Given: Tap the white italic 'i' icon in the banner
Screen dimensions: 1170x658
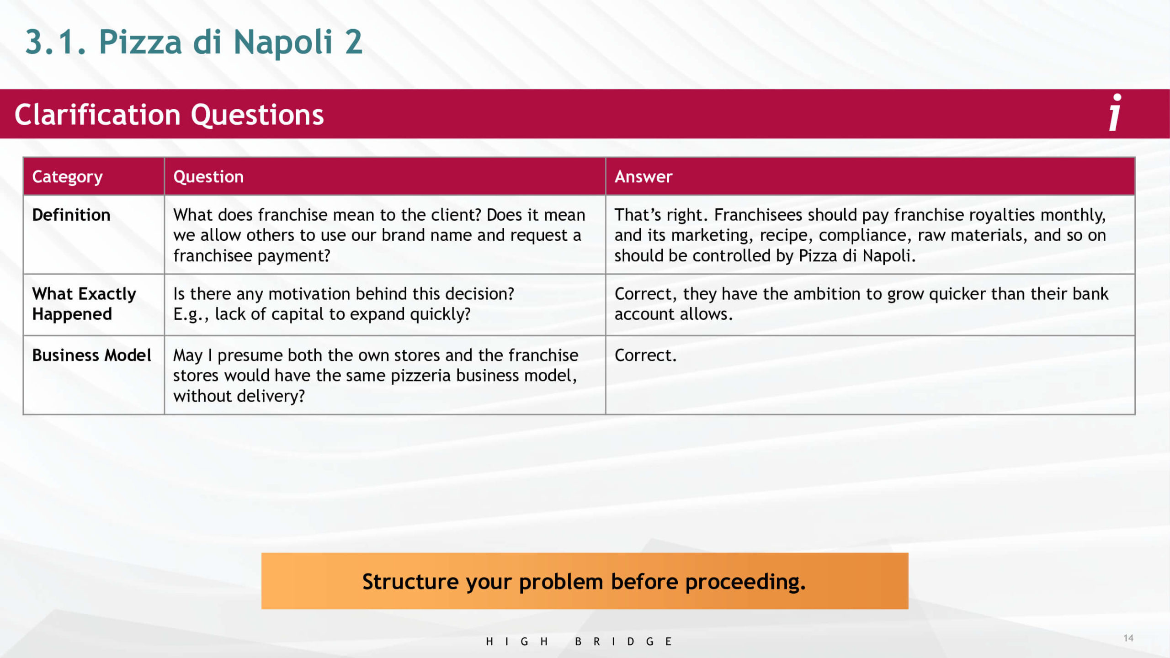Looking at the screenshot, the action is [x=1115, y=112].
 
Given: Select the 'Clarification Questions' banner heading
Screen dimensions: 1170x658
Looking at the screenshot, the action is [x=169, y=115].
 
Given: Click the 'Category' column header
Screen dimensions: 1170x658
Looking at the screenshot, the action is [x=67, y=177].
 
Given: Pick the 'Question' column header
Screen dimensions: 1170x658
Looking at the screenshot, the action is [x=208, y=177].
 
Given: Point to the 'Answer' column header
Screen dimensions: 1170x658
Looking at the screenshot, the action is [x=643, y=177].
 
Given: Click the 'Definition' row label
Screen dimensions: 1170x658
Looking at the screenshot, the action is [x=71, y=215].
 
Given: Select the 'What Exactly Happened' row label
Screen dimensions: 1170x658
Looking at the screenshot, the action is [x=84, y=304].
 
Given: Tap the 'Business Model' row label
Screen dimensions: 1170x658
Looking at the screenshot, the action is [x=91, y=355].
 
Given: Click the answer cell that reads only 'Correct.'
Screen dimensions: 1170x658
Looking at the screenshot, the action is [x=645, y=355].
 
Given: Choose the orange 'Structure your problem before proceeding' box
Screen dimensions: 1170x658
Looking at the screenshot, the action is [x=585, y=581].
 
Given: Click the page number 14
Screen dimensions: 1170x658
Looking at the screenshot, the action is [x=1128, y=638].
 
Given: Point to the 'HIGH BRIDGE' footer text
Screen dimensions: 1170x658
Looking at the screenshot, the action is [x=579, y=642].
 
